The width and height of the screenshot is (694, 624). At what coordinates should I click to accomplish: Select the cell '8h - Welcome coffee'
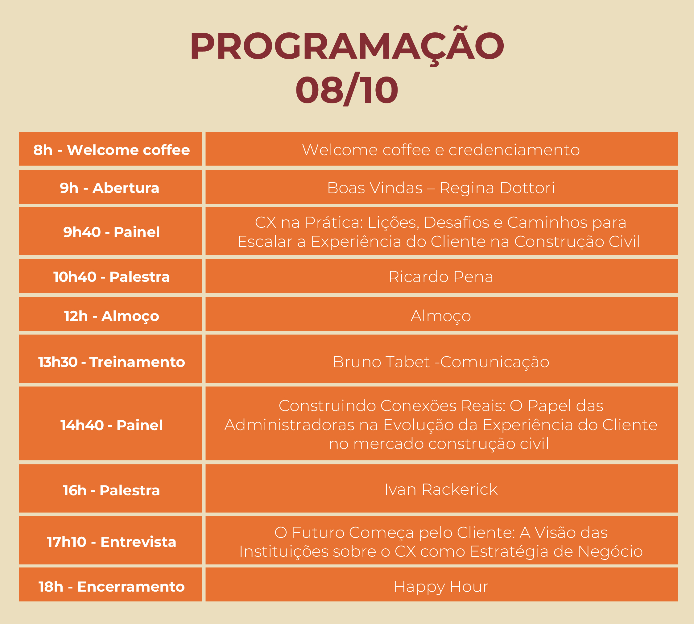[x=110, y=149]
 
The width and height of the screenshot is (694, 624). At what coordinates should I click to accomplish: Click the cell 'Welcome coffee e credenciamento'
[x=441, y=149]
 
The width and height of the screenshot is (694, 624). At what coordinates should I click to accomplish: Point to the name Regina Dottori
[x=497, y=188]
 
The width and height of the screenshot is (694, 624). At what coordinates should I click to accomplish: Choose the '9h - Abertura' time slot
[x=110, y=187]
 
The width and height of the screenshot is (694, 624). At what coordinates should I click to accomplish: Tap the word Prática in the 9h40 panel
[x=334, y=223]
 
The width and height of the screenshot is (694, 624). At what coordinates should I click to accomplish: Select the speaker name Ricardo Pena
[x=441, y=277]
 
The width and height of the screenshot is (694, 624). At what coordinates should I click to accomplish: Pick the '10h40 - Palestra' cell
[x=110, y=276]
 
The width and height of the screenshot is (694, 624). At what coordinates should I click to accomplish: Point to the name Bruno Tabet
[x=381, y=362]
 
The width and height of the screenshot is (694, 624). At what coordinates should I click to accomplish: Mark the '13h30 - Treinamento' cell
[x=110, y=359]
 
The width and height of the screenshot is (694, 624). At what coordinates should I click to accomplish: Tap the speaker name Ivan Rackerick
[x=441, y=489]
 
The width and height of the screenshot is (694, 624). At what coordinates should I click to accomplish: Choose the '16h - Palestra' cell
[x=110, y=488]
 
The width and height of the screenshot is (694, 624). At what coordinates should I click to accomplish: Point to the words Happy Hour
[x=441, y=587]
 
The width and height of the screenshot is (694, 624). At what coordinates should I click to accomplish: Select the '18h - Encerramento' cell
[x=110, y=584]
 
